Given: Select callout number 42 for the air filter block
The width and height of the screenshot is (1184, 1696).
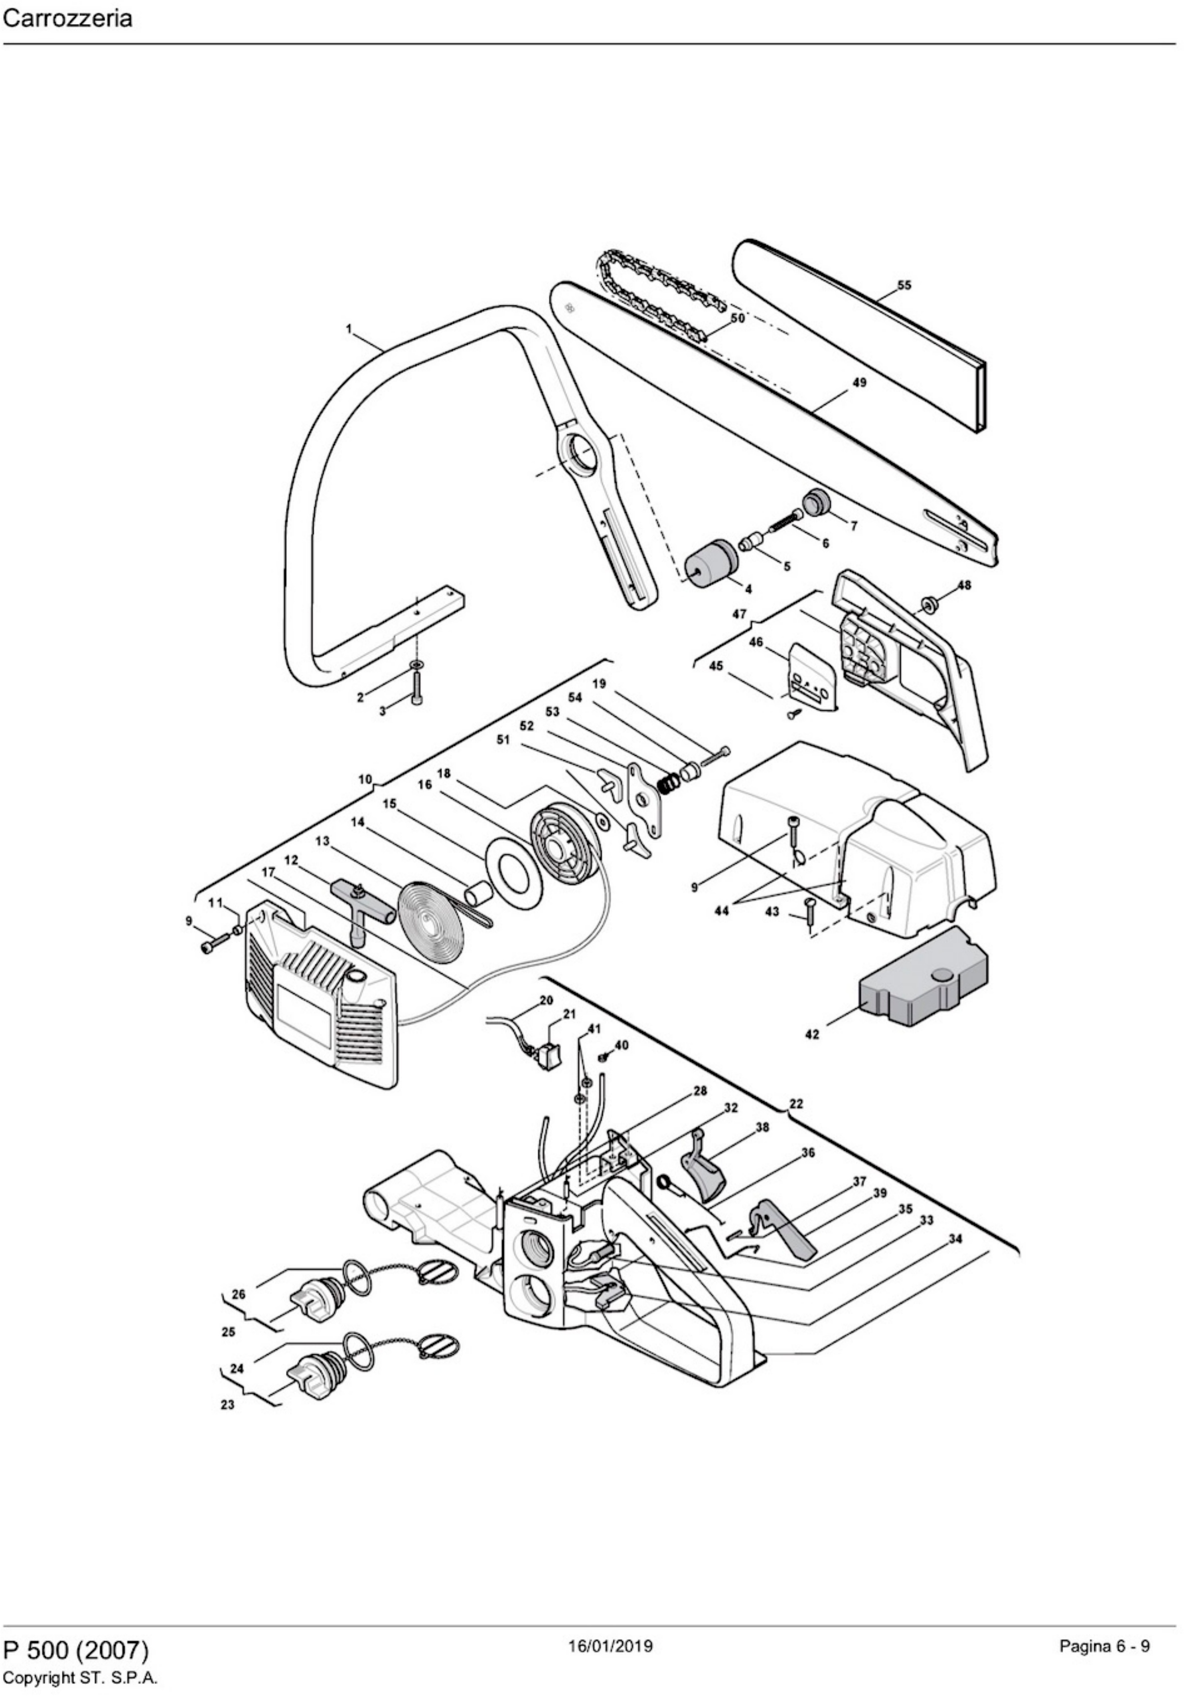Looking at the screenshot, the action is [811, 1034].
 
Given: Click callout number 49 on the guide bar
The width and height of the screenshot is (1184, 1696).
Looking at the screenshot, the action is [859, 382].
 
